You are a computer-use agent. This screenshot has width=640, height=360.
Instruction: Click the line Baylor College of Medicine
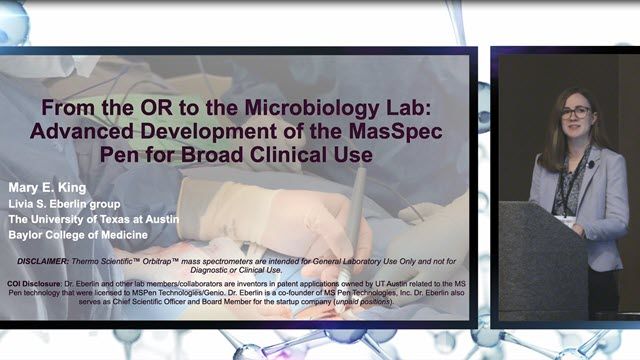[x=78, y=235]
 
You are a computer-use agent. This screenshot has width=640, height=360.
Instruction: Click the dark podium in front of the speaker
[x=542, y=260]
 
